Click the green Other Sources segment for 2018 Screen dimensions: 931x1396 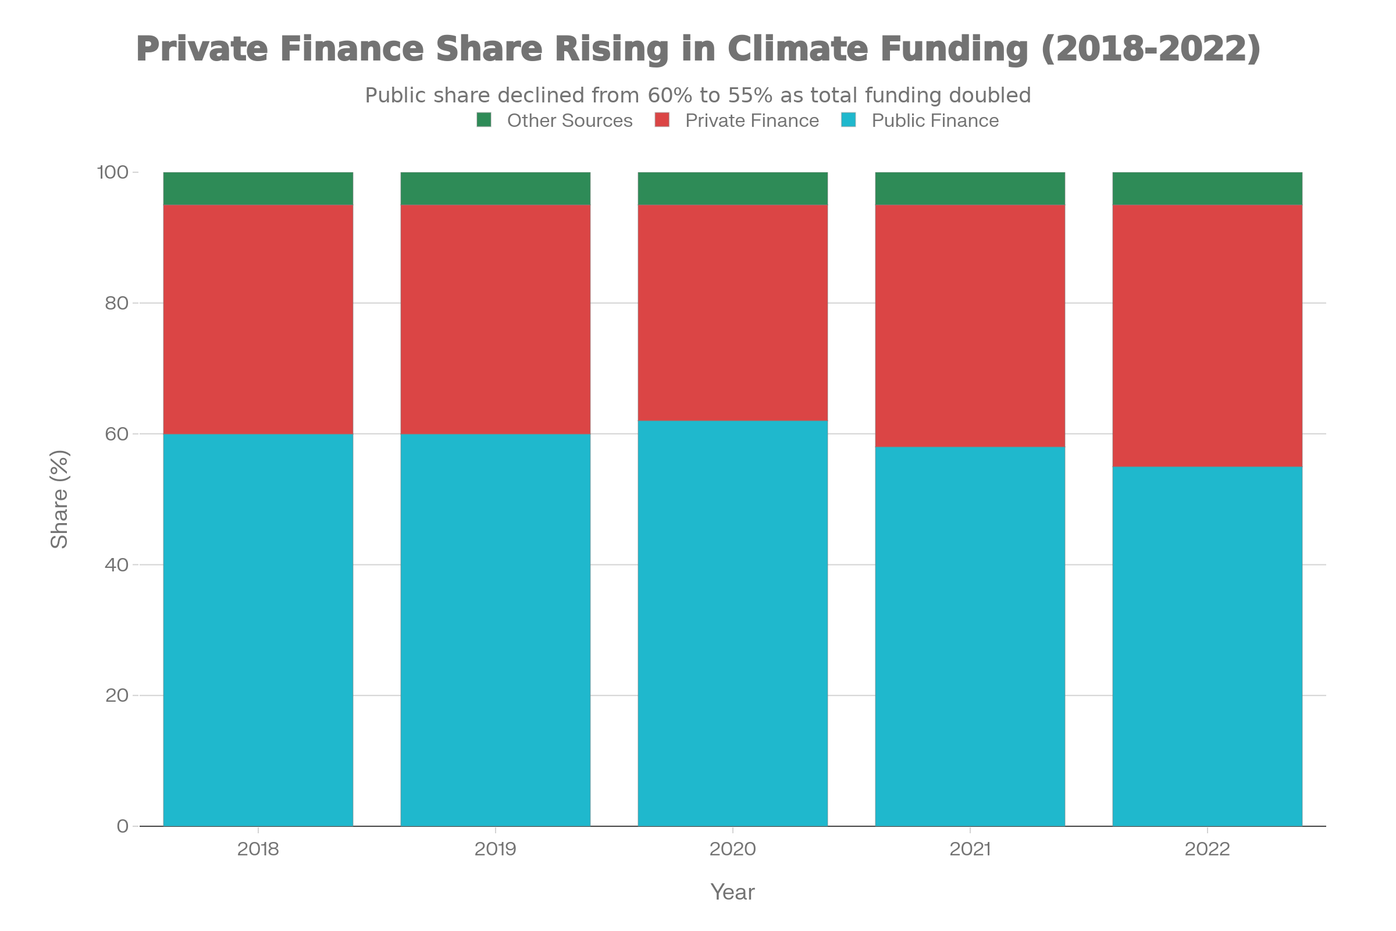point(258,189)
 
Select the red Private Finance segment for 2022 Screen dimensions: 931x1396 point(1208,336)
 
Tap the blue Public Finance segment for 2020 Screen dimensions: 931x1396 point(732,623)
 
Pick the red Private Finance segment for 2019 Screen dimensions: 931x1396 point(496,319)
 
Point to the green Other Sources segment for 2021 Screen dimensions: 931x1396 point(970,189)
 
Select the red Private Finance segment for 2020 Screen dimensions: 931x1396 point(732,313)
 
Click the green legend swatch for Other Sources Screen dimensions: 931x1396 point(484,120)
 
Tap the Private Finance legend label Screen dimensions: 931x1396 point(752,120)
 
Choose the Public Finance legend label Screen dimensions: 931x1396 point(935,120)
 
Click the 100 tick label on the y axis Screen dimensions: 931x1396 point(113,173)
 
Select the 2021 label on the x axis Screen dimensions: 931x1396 point(970,849)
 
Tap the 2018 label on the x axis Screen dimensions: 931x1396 point(258,849)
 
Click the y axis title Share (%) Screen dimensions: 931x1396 point(60,499)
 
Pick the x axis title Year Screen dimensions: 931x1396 point(732,892)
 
